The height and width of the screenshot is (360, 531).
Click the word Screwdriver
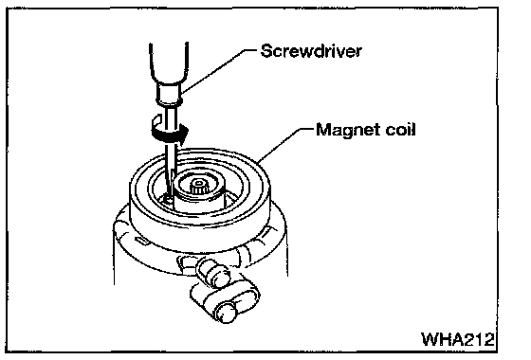pos(311,51)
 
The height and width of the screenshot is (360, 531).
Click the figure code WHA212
pos(458,339)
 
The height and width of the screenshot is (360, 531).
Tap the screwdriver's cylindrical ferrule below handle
pos(169,95)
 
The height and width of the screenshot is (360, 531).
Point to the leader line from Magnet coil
pos(285,145)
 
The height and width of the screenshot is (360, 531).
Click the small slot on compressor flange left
pos(142,241)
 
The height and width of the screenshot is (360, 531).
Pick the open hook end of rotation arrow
pos(156,119)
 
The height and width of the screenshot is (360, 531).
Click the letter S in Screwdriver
pos(266,51)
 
